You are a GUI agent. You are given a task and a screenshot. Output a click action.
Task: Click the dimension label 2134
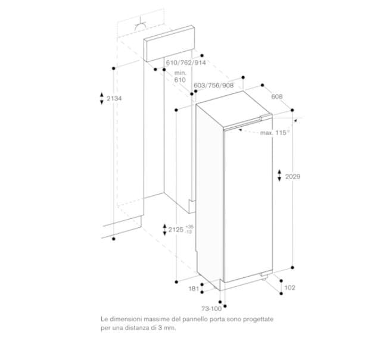tap(113, 99)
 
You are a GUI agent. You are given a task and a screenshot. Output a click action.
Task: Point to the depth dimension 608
tap(276, 96)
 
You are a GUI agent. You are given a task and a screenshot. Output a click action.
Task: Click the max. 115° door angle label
tap(274, 133)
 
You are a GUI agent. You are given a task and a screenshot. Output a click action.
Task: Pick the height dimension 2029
tap(293, 176)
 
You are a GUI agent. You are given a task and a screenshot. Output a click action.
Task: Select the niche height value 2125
tap(175, 229)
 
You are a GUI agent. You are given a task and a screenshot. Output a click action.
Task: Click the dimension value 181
tap(194, 289)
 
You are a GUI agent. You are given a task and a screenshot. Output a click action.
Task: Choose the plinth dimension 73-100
tap(211, 309)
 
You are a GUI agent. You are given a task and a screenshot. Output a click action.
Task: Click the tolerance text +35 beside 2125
tap(189, 227)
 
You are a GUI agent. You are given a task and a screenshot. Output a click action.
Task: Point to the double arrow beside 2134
tap(102, 99)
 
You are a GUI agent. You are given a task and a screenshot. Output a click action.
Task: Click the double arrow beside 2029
tap(280, 176)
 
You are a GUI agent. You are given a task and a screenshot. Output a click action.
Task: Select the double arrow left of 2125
tap(164, 229)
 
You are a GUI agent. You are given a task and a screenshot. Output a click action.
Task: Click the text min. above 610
tap(180, 72)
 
